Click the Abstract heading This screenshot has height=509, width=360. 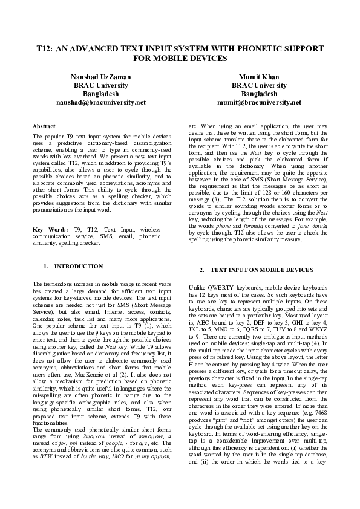[44, 126]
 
